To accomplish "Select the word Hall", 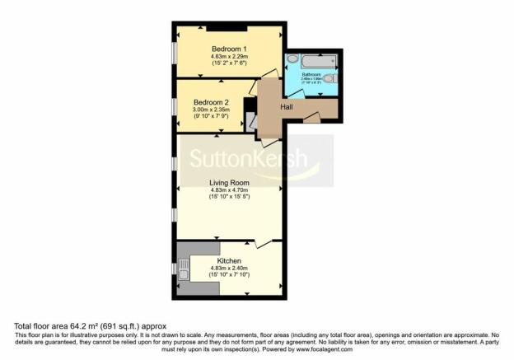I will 287,107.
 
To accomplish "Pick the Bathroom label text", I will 311,74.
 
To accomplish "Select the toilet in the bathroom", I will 329,79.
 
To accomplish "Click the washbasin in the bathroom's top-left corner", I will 292,58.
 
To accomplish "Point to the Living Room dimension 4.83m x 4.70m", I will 227,190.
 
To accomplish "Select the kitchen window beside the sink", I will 175,269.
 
